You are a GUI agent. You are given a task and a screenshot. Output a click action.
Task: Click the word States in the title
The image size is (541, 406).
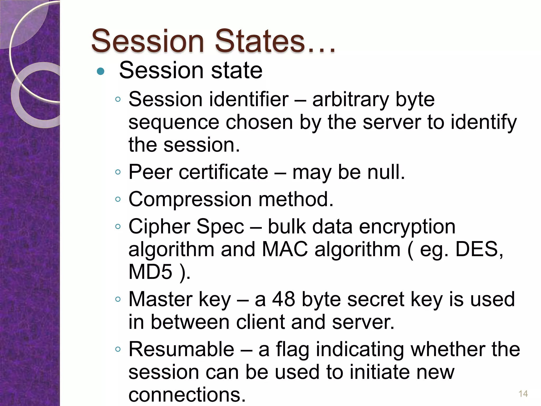tap(260, 41)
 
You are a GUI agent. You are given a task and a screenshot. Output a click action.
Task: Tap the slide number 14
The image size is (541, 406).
tap(523, 394)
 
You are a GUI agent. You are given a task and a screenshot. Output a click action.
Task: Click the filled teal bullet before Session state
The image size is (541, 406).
tap(100, 71)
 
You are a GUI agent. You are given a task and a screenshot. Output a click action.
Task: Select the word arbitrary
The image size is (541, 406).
tap(351, 100)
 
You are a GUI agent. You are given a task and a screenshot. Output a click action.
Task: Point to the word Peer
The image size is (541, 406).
tap(150, 172)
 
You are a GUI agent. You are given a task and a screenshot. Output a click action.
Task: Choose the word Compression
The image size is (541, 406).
tap(190, 200)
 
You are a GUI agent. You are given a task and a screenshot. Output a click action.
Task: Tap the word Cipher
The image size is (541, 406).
tap(159, 227)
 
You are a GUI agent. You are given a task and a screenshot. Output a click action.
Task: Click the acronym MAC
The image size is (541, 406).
tap(285, 249)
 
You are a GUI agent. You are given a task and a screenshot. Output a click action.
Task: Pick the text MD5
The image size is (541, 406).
tap(150, 272)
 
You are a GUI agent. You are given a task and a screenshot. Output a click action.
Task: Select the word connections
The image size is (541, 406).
tap(187, 395)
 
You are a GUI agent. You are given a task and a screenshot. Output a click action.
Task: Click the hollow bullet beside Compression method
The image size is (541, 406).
tap(118, 199)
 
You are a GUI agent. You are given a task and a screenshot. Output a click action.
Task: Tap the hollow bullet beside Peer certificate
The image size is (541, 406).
tap(118, 172)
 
